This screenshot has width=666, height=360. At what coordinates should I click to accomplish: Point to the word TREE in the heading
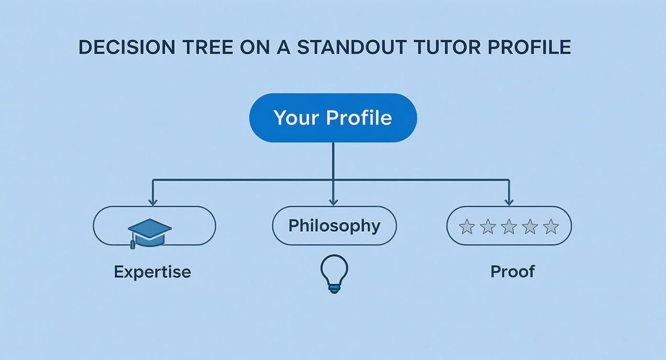[209, 47]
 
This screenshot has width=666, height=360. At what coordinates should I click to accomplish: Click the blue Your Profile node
[333, 118]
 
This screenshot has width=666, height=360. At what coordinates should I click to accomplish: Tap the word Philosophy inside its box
[334, 225]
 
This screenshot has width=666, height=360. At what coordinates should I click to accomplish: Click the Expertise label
[152, 272]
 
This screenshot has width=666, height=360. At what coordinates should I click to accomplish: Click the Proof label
[512, 271]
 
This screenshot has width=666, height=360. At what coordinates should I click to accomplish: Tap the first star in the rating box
[466, 226]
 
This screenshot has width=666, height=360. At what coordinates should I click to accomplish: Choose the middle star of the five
[509, 226]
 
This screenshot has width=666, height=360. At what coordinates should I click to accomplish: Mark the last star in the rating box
[551, 226]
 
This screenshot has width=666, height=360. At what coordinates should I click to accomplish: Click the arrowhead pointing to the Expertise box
[153, 202]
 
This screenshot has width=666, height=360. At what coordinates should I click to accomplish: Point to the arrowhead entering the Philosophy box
[333, 202]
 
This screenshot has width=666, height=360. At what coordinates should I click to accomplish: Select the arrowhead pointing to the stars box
[509, 202]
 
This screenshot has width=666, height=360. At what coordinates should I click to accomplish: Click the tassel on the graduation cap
[133, 244]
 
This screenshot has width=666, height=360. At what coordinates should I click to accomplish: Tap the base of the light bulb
[333, 288]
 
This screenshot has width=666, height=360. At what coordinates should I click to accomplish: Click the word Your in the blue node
[292, 118]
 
